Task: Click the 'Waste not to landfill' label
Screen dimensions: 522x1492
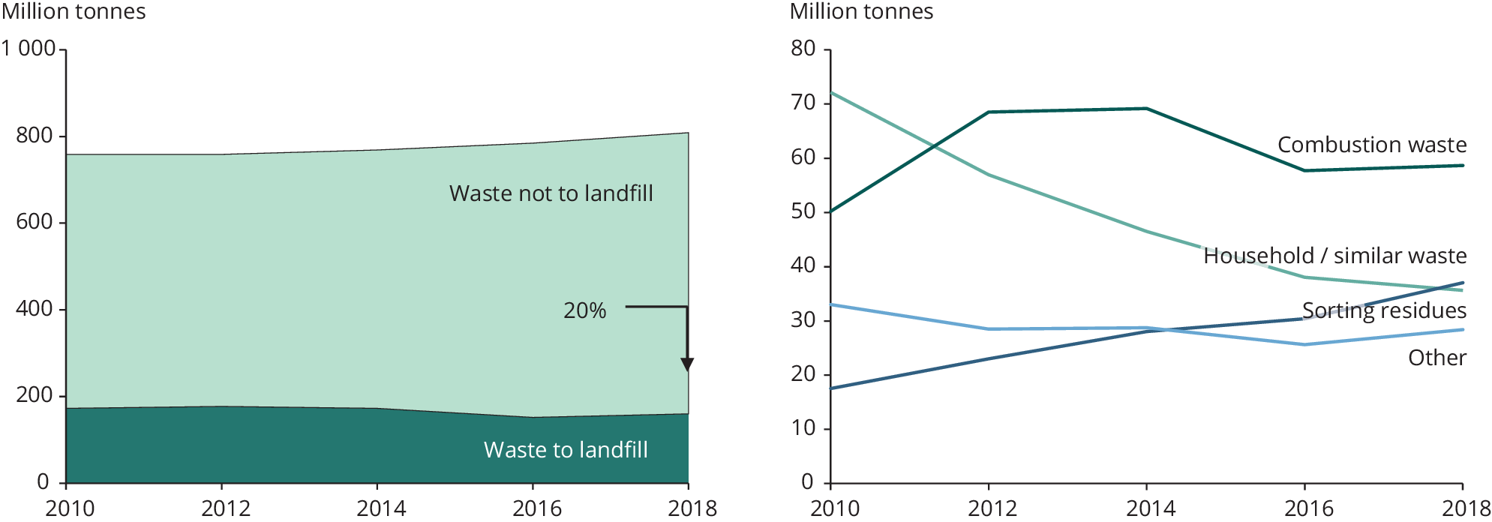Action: [x=551, y=193]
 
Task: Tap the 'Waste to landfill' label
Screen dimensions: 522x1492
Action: [x=566, y=450]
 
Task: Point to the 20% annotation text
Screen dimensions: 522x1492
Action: [x=584, y=310]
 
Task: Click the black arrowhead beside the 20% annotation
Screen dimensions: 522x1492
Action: [x=687, y=364]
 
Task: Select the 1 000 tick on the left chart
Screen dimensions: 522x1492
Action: [x=29, y=49]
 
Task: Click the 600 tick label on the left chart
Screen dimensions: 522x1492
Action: [x=35, y=222]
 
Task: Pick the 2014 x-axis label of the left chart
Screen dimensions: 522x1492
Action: [x=381, y=508]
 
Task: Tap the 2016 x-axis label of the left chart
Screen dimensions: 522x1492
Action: [x=536, y=508]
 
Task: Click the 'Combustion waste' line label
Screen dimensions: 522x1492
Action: [x=1371, y=145]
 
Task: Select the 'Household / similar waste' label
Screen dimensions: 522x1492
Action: [x=1334, y=256]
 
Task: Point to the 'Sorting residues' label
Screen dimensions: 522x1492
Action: [x=1383, y=310]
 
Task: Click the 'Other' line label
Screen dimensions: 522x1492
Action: [x=1436, y=358]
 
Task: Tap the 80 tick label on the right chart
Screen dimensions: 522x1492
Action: [x=803, y=49]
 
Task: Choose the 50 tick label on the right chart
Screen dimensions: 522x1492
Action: [x=803, y=211]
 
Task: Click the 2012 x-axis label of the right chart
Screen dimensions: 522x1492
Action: [x=992, y=508]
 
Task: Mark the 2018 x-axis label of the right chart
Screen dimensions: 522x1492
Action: [x=1466, y=508]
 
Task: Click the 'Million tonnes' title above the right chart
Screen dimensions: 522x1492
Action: [x=861, y=12]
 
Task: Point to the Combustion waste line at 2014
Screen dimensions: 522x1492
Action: [x=1147, y=109]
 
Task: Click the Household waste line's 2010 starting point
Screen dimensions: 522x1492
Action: [x=832, y=93]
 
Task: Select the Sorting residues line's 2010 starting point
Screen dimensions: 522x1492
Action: [x=832, y=388]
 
